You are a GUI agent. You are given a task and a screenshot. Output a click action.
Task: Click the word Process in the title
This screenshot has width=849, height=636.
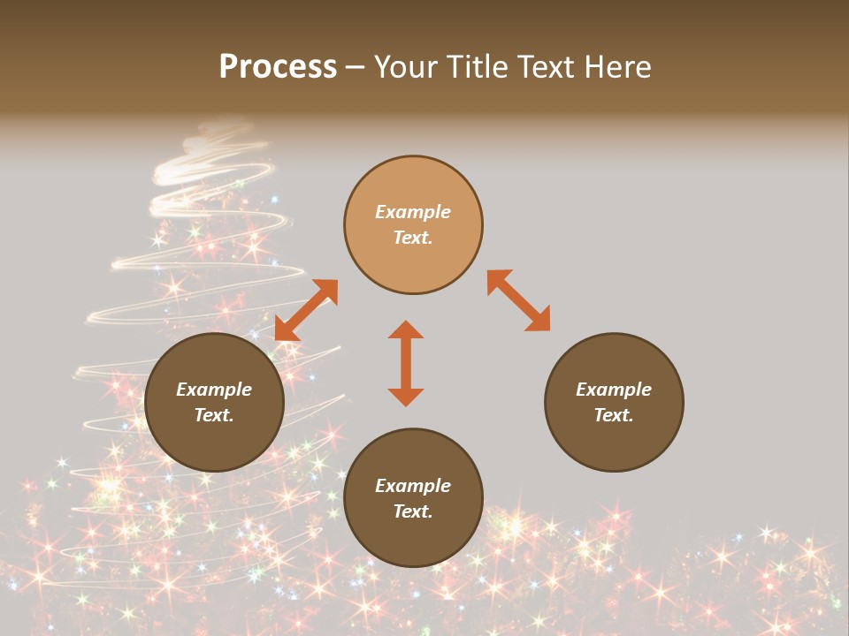[278, 67]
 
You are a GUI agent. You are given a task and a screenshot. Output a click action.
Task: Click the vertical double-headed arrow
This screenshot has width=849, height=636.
[406, 363]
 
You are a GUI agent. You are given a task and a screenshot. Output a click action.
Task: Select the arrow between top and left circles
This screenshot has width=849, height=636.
[307, 309]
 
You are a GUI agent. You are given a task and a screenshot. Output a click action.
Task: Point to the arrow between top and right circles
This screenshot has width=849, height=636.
[518, 300]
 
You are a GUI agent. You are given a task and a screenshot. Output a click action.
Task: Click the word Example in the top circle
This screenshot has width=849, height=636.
[413, 212]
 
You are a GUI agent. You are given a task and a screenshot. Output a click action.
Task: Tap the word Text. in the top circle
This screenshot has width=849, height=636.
[413, 238]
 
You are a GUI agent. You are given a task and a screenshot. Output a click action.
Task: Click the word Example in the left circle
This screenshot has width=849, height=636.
[214, 390]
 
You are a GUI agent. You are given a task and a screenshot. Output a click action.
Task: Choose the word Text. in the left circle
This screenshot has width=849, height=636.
[214, 415]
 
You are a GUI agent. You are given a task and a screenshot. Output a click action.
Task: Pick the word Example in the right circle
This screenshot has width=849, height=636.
[614, 390]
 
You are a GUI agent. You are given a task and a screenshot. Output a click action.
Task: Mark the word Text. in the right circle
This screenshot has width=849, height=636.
[614, 415]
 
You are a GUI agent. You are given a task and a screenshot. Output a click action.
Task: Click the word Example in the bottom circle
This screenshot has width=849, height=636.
[413, 486]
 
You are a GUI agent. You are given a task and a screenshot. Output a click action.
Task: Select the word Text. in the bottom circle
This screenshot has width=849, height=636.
[413, 511]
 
